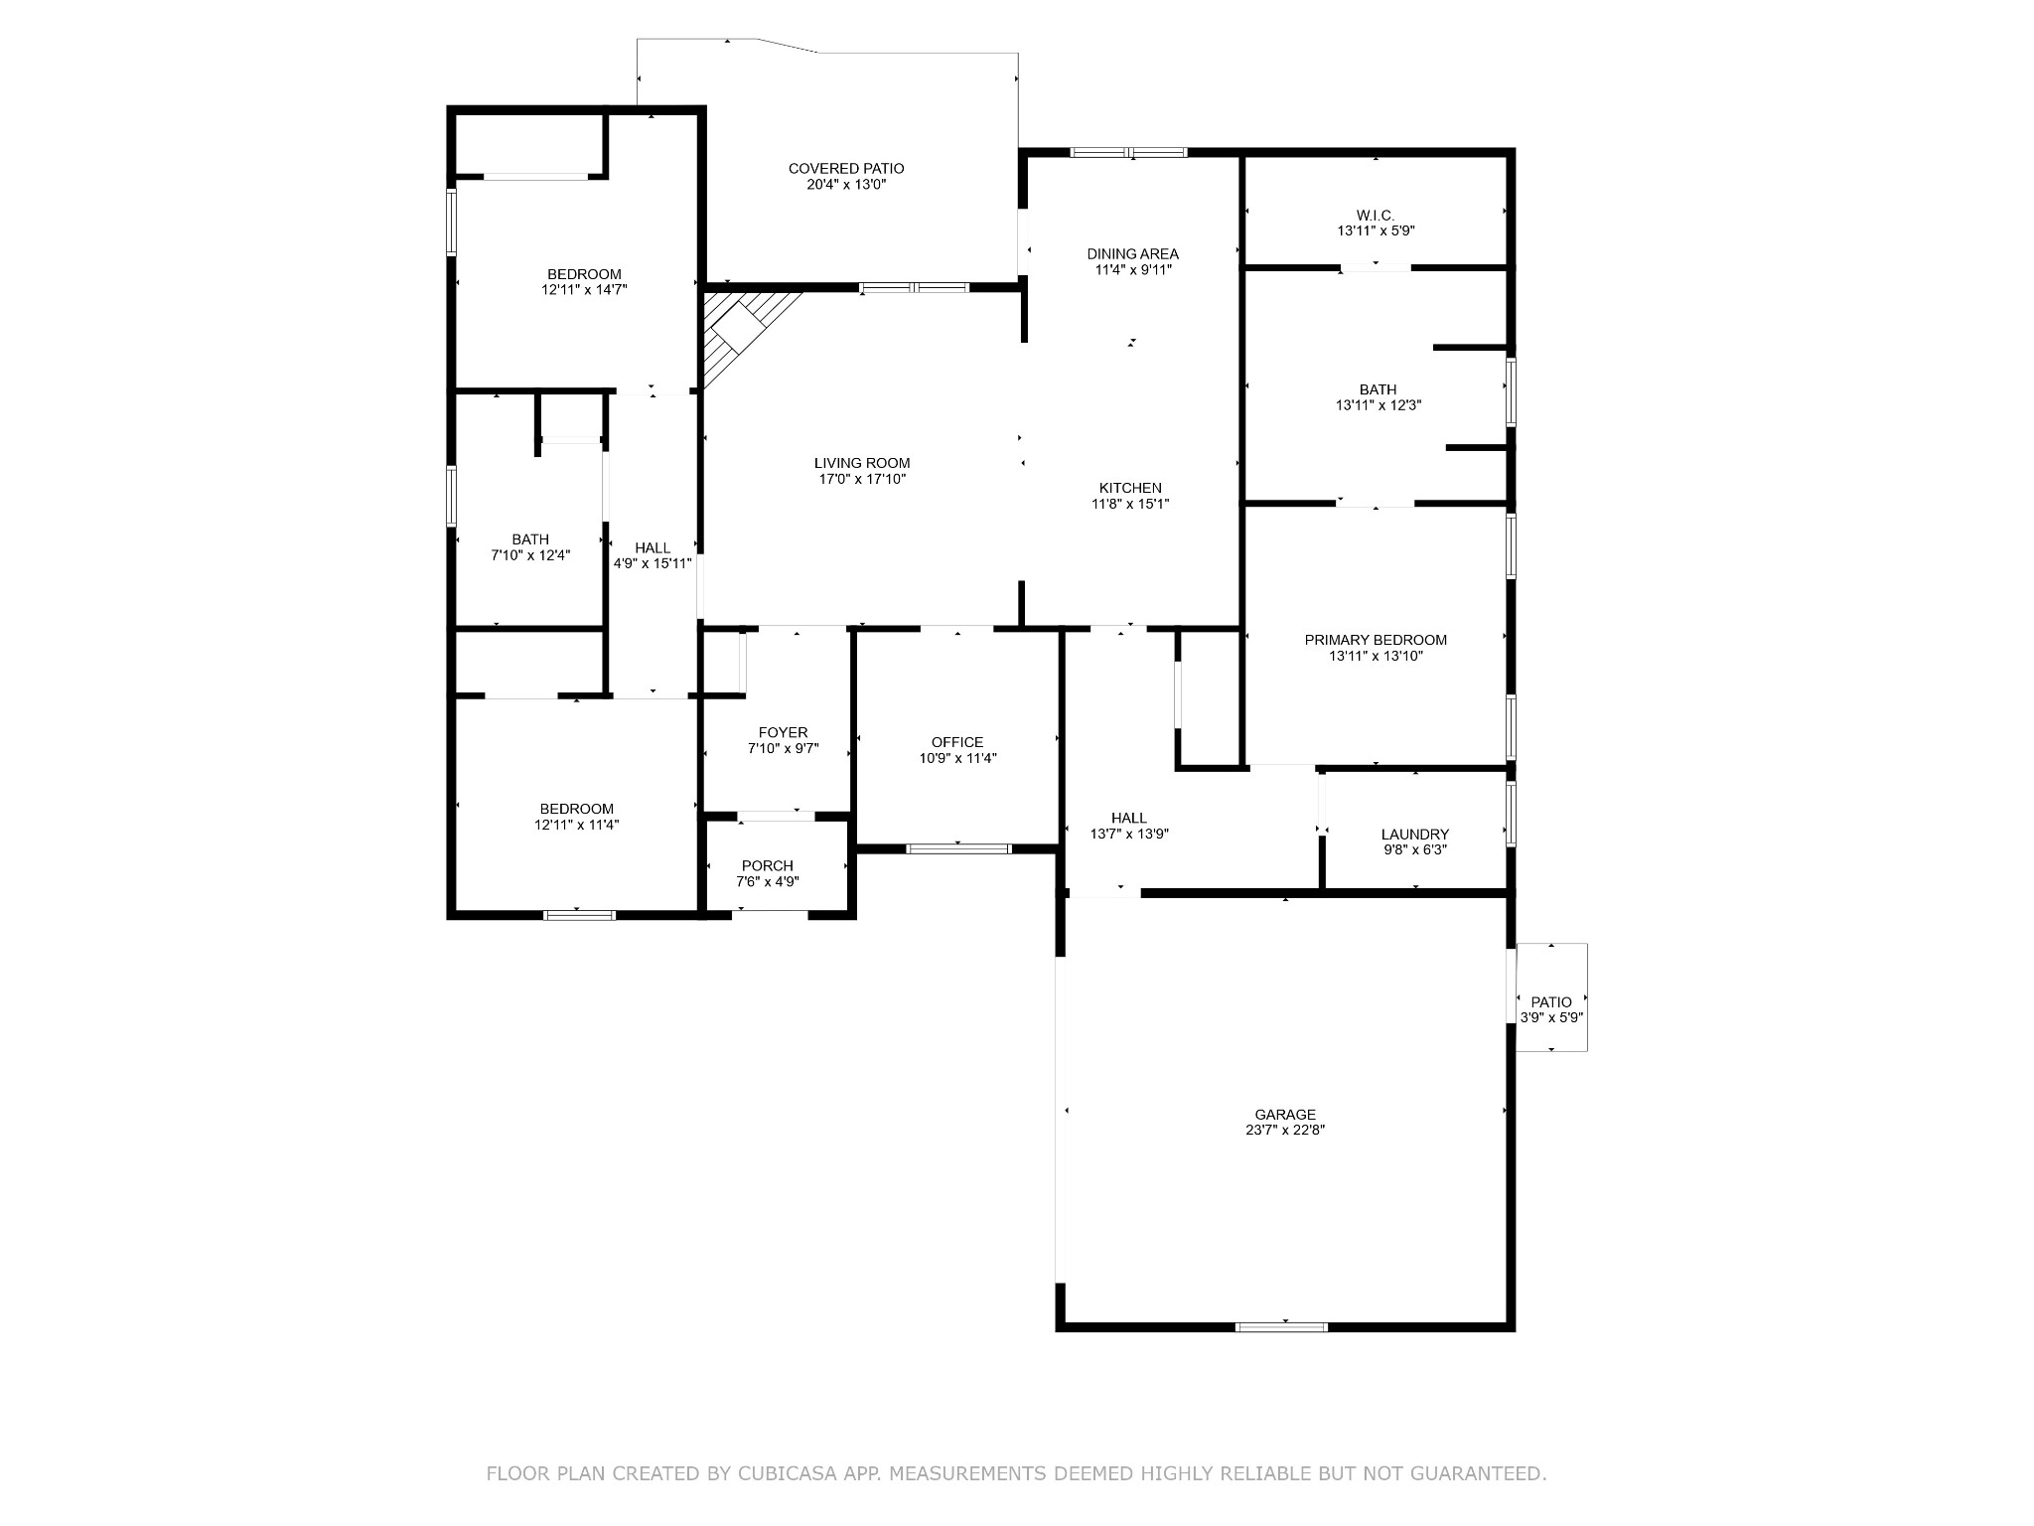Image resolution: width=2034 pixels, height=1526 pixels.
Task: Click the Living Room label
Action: click(862, 463)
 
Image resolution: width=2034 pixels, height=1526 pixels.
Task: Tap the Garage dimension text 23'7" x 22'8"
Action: click(1285, 1130)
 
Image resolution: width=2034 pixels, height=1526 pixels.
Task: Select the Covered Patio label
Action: click(846, 169)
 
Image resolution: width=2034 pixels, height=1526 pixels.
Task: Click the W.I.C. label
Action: click(1376, 215)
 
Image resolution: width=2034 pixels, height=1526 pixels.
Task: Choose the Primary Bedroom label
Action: click(1376, 640)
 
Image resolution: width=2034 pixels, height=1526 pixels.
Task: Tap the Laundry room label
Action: click(1415, 835)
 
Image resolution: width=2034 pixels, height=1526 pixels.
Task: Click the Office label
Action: click(957, 742)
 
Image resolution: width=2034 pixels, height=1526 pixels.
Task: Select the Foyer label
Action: click(784, 733)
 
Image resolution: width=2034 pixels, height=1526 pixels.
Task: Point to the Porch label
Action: click(768, 866)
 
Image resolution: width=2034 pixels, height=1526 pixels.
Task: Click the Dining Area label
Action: click(1133, 254)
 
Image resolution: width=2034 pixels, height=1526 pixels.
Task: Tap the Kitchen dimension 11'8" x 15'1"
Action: click(1130, 504)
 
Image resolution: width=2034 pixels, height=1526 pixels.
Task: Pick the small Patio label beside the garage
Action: click(1551, 1002)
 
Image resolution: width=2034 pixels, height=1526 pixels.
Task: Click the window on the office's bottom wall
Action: click(958, 848)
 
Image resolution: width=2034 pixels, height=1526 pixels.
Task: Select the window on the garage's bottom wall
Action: click(1281, 1326)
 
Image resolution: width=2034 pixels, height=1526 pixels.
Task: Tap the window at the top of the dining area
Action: click(1128, 153)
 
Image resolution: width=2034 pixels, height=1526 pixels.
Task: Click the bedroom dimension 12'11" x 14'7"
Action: click(585, 290)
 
